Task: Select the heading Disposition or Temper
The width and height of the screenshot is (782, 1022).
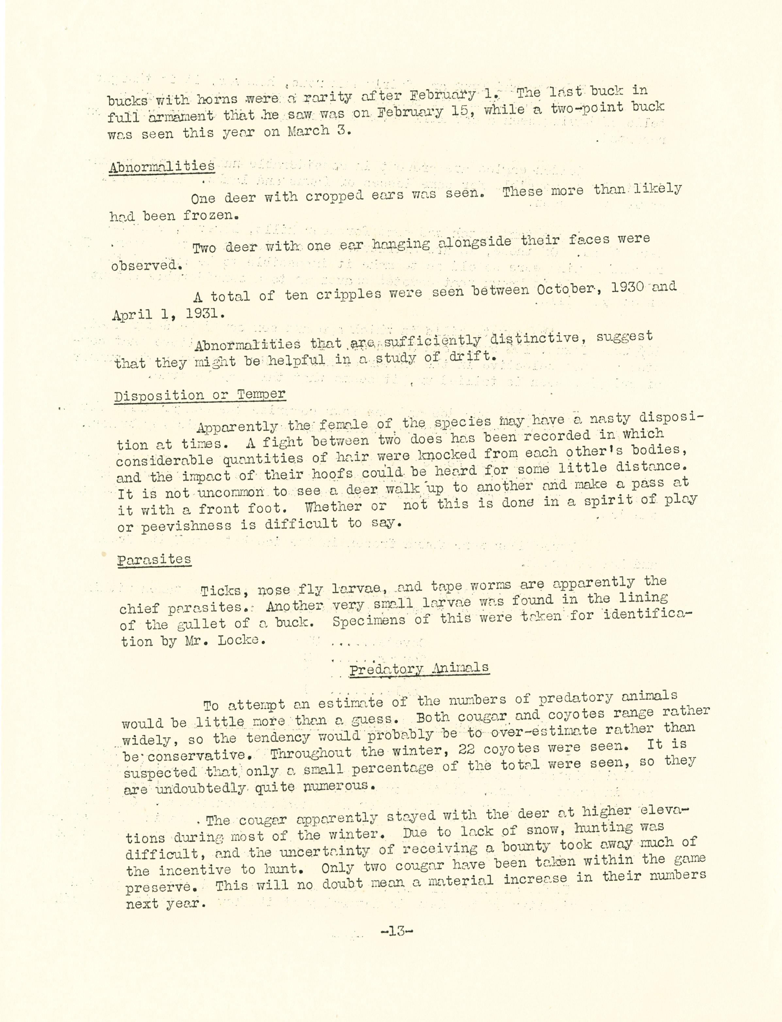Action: pos(200,396)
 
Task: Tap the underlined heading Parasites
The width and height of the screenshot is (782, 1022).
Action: pos(154,559)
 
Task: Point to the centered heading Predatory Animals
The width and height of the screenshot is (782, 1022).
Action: pos(419,669)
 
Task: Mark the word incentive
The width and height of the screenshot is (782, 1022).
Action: pos(194,870)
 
